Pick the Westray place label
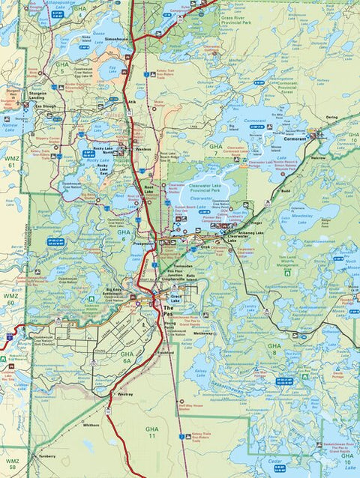[x=124, y=393]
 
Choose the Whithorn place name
[x=91, y=424]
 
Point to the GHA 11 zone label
[x=151, y=430]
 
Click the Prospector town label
[x=142, y=244]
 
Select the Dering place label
[x=332, y=118]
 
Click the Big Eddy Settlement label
[x=113, y=291]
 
